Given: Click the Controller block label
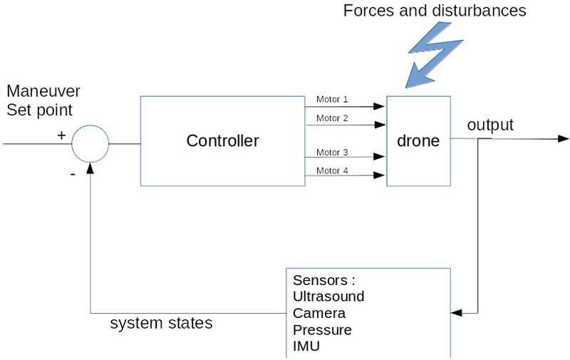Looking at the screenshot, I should (222, 140).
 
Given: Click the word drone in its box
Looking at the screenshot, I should (418, 140).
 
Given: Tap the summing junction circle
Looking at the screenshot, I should (90, 143).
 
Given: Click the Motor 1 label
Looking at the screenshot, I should (332, 99).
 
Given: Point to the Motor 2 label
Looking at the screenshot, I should (332, 118).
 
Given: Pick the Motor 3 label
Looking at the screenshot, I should (332, 152).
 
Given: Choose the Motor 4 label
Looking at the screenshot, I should (332, 170).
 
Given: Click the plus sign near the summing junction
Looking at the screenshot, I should (61, 135).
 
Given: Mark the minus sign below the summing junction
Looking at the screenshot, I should (73, 173).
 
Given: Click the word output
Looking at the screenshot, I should (490, 125).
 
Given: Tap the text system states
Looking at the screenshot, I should (161, 323).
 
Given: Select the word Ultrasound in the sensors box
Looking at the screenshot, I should (328, 296).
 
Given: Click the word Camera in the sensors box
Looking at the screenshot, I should (319, 313).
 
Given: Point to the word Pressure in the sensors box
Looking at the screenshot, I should (322, 330).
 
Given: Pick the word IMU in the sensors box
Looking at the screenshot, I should (306, 346).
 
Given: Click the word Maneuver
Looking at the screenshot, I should (43, 91).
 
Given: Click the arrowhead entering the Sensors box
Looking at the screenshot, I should (456, 312).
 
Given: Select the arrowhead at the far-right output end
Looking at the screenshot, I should (563, 138).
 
